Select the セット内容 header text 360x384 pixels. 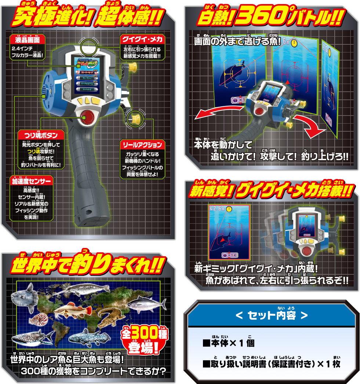coord(271,315)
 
